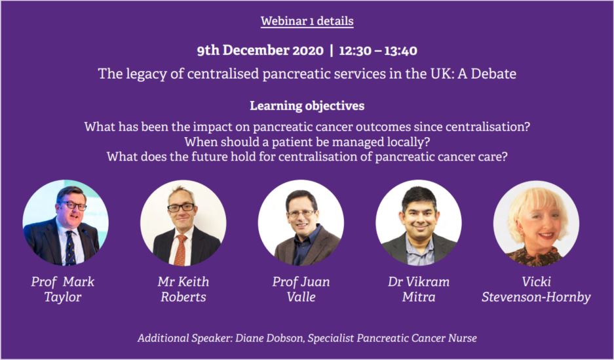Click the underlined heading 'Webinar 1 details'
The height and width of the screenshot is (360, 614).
pos(307,21)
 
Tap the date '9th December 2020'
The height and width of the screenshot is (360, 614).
pos(260,50)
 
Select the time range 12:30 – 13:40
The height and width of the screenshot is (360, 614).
pos(378,50)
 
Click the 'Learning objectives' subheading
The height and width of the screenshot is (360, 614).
pos(307,106)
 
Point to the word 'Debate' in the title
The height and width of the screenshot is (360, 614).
pos(493,73)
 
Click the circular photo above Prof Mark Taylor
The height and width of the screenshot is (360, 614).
pos(66,222)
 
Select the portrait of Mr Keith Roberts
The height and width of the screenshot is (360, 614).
pos(183,222)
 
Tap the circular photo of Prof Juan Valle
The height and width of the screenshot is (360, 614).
pos(301,222)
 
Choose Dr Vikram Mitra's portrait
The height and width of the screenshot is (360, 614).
pos(419,222)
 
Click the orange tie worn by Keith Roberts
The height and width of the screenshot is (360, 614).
pos(180,250)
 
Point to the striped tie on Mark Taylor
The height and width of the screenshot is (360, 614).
pos(70,248)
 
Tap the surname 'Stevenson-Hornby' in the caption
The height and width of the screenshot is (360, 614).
pos(536,297)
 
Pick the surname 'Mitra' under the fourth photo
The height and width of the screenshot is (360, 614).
pos(419,297)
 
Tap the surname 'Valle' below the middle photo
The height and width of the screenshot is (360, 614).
pos(301,297)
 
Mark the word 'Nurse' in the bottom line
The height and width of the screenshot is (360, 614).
pos(464,338)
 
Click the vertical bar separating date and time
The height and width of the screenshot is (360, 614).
pos(332,50)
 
